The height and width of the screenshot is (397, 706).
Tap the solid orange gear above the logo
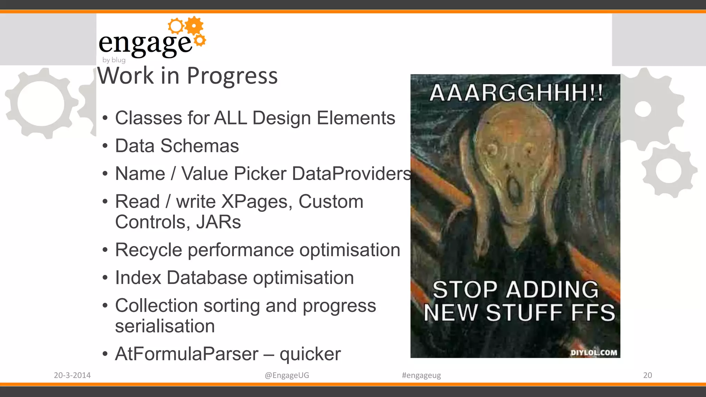click(x=194, y=26)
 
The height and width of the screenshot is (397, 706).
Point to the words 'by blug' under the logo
click(x=114, y=60)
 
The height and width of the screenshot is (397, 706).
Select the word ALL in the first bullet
click(x=230, y=118)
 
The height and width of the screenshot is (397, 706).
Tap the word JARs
click(x=218, y=222)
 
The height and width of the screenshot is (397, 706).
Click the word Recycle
click(x=148, y=250)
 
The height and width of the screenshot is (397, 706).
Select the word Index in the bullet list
click(x=138, y=278)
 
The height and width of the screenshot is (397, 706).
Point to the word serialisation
click(x=165, y=326)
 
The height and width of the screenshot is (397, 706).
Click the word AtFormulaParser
click(x=186, y=354)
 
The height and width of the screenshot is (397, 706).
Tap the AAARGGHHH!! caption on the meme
click(x=516, y=93)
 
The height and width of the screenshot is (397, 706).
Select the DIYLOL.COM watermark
click(x=593, y=353)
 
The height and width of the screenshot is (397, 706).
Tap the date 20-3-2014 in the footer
click(x=72, y=375)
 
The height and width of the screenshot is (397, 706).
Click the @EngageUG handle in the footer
click(x=287, y=375)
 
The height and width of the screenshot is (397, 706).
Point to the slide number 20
click(x=647, y=375)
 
